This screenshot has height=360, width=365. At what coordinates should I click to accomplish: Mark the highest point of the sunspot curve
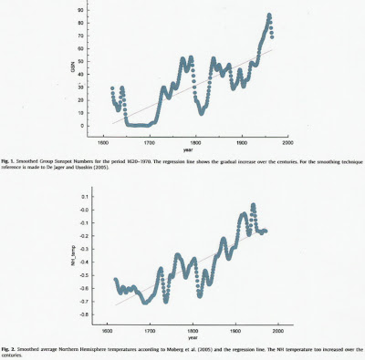[x=269, y=15]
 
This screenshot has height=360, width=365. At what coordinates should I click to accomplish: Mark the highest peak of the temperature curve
[x=252, y=205]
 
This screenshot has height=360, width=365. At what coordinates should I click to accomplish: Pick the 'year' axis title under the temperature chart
[x=192, y=340]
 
